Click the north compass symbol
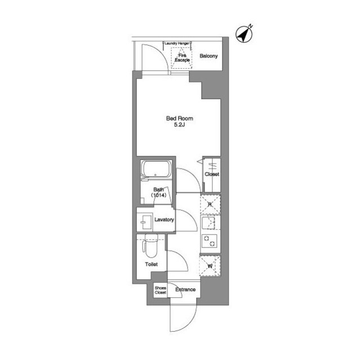(244, 34)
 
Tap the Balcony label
(208, 56)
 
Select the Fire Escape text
(183, 58)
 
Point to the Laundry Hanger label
(177, 43)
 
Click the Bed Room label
(180, 118)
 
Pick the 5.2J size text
(180, 125)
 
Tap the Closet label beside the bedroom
(212, 174)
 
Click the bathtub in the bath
(156, 169)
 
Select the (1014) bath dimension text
(159, 195)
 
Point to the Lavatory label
(164, 219)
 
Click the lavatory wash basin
(145, 222)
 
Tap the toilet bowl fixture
(150, 246)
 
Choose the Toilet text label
(151, 265)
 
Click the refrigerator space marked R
(210, 204)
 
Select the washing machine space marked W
(210, 266)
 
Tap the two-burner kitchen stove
(210, 241)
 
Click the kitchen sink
(208, 223)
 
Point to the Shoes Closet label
(160, 290)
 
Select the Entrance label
(185, 289)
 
